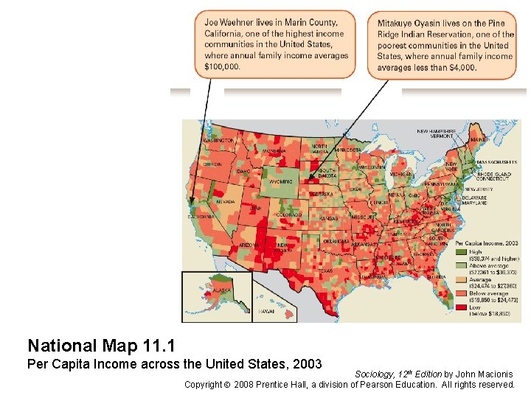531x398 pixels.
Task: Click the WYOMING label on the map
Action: (x=281, y=181)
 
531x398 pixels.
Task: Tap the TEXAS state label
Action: (x=325, y=270)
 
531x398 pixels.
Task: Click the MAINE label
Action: (x=479, y=139)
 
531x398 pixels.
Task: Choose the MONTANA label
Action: (x=274, y=151)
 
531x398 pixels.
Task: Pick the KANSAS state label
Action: (x=329, y=219)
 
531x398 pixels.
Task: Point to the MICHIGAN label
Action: (x=400, y=174)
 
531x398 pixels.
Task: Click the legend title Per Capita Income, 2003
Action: (x=487, y=242)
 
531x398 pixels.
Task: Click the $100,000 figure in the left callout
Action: (x=222, y=66)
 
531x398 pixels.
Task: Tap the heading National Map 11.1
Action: (x=100, y=345)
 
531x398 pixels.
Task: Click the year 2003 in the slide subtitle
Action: (x=308, y=364)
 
